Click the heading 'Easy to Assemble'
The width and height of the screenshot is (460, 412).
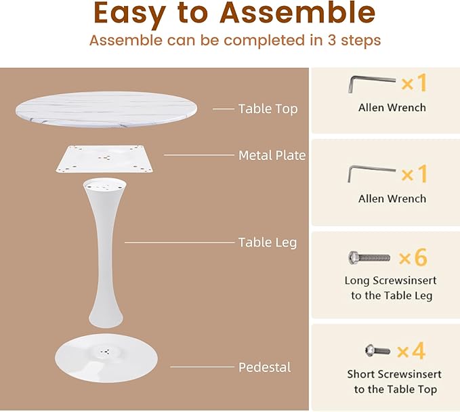(234, 14)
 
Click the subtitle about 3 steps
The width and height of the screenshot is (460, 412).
(235, 40)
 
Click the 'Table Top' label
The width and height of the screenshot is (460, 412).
(268, 108)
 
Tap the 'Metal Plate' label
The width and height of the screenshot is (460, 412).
(272, 155)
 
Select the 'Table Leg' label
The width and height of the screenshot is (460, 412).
(268, 242)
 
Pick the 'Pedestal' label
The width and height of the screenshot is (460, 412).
(265, 367)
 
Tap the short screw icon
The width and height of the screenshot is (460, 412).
(377, 350)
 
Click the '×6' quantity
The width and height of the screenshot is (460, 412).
(413, 257)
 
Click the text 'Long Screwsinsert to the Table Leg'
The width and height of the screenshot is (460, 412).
(392, 288)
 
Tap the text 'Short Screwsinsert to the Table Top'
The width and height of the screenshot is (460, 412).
(394, 382)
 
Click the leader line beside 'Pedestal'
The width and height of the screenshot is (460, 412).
(201, 367)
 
